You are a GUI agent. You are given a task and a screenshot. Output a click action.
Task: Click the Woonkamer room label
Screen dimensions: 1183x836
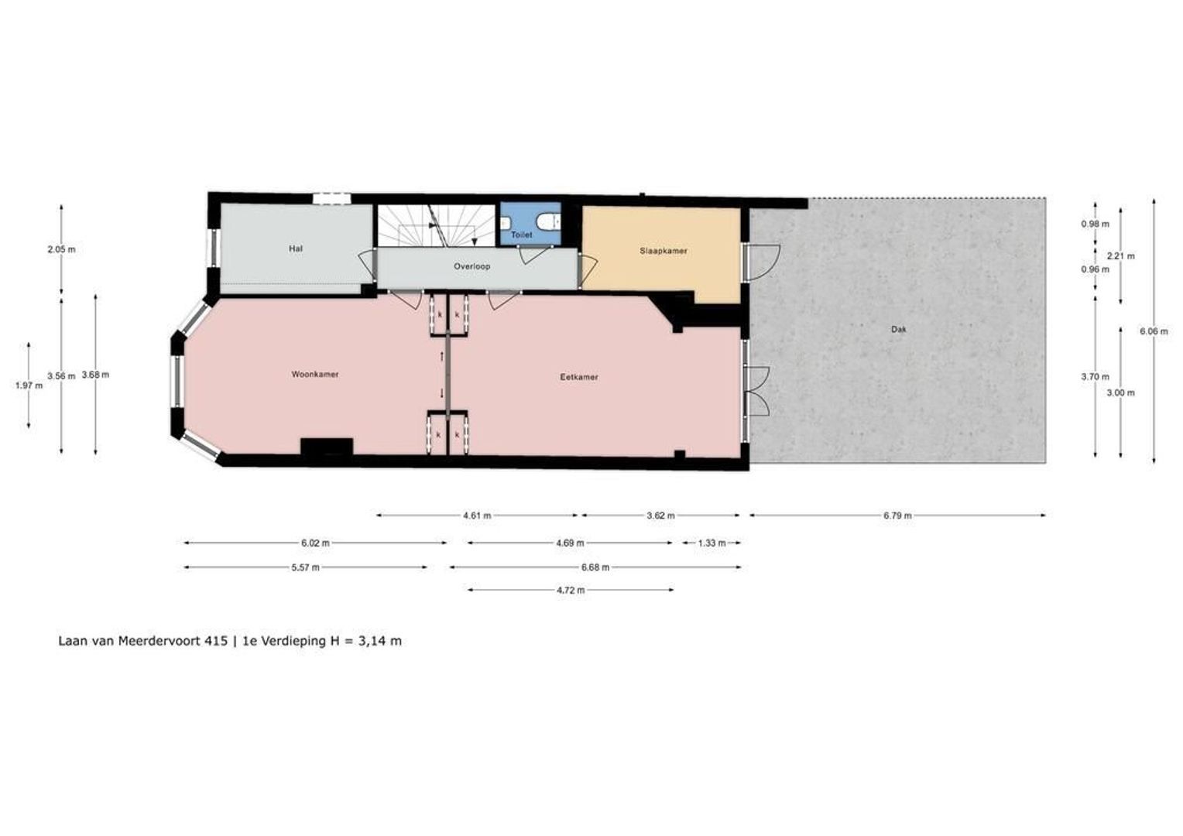[x=315, y=375]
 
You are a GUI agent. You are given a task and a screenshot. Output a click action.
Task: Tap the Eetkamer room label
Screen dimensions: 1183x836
[x=579, y=377]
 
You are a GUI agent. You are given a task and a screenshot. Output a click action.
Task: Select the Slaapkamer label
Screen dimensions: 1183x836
[x=664, y=251]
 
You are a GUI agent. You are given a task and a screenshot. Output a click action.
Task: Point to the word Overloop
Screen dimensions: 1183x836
[x=471, y=267]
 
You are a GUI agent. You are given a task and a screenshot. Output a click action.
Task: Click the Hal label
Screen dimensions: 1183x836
[x=296, y=248]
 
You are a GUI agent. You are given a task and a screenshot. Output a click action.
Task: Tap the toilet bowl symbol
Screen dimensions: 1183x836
[x=547, y=220]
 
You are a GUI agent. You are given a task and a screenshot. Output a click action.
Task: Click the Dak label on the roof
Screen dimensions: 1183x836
[x=898, y=330]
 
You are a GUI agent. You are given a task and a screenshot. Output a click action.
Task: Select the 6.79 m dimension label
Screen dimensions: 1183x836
[x=897, y=516]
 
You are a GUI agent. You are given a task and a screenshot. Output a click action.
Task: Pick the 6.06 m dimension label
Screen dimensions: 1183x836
[x=1154, y=331]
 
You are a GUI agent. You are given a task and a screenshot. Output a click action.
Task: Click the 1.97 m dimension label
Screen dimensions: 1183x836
[x=29, y=385]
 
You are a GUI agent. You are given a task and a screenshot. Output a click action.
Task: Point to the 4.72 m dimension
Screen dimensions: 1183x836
[x=571, y=591]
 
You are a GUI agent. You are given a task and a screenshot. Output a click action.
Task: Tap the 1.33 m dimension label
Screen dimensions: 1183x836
[x=712, y=543]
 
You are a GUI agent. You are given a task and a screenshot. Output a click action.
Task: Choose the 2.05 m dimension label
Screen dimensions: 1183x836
[x=61, y=249]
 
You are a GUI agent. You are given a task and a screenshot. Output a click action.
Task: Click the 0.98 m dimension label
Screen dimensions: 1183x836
[x=1095, y=224]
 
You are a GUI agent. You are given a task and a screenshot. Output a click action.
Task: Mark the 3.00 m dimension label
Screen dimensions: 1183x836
[x=1121, y=393]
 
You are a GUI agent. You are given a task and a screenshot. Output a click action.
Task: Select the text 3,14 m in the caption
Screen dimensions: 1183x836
[x=379, y=641]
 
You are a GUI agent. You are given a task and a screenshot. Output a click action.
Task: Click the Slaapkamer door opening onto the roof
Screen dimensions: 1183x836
[x=760, y=262]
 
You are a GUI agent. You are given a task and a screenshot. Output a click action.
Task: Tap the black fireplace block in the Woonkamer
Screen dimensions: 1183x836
[x=327, y=447]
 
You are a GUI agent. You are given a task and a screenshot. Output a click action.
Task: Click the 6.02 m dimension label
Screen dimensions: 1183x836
[x=315, y=543]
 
